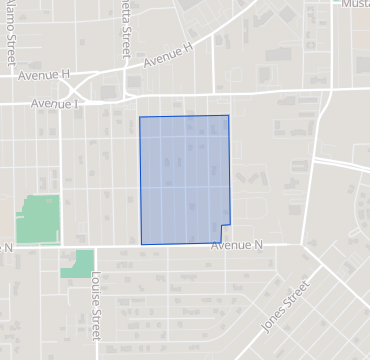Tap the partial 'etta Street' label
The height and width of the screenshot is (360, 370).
click(x=126, y=27)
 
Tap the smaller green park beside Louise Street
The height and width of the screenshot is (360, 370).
click(x=78, y=264)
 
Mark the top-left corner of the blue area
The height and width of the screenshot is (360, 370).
click(x=139, y=117)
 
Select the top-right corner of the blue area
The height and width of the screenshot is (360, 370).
click(x=229, y=115)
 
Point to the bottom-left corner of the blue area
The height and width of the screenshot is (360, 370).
click(x=141, y=244)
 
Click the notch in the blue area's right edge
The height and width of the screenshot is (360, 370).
click(x=232, y=223)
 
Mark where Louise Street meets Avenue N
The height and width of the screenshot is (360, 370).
click(x=96, y=247)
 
